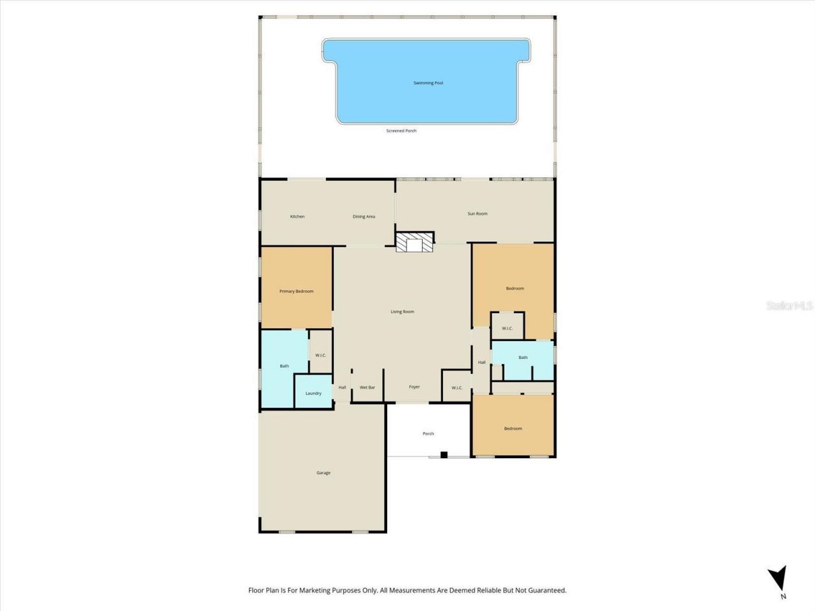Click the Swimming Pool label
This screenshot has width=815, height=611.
point(428,83)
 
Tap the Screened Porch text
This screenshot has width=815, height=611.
point(401,131)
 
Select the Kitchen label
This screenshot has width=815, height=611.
point(297,217)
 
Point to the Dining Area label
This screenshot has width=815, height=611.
point(364,217)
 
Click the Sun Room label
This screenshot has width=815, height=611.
point(478,214)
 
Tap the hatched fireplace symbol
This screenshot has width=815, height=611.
point(414,242)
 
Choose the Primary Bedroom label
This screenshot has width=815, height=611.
point(297,291)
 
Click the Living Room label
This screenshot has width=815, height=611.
point(402,312)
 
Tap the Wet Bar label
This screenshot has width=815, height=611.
point(367,388)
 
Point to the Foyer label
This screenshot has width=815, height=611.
point(415,387)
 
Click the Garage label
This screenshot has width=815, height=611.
point(323,473)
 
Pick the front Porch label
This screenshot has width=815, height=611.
point(429,434)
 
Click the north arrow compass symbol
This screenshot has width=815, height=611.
point(777,580)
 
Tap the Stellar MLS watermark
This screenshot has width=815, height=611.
point(790,306)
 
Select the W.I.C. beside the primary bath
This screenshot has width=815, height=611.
point(321,355)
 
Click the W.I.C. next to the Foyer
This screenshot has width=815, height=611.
point(457,388)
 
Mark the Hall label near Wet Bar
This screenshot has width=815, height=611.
point(343,388)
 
